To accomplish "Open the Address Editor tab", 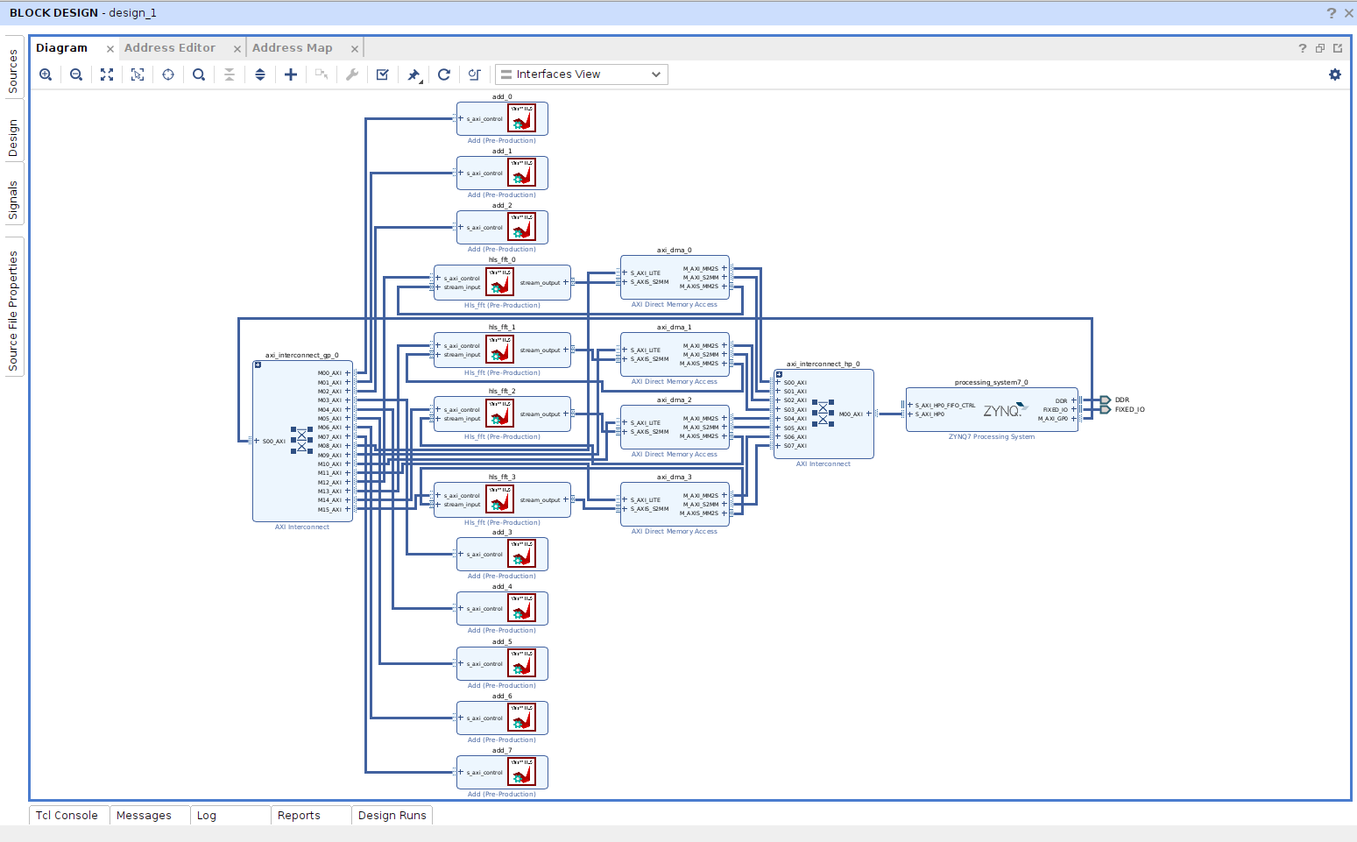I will (x=170, y=48).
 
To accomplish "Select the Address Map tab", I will (x=293, y=48).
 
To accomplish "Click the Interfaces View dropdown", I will (x=581, y=74).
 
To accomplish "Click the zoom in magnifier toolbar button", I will (x=46, y=74).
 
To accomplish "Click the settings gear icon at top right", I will (x=1334, y=74).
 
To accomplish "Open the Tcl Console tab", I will (x=67, y=815).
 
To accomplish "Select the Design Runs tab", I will (x=392, y=815).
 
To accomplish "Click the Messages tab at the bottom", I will (x=145, y=815).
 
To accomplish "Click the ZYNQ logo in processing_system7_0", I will (x=1003, y=410).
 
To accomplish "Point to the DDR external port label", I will (x=1122, y=400).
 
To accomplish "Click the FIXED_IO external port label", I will (x=1129, y=409).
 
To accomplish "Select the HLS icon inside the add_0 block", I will (x=522, y=118).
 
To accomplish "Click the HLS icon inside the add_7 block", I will (x=522, y=772).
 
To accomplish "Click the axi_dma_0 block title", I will (x=674, y=251).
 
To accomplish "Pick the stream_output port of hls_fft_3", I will (x=541, y=500).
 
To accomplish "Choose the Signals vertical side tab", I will (x=13, y=200).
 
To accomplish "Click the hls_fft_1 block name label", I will (x=502, y=327).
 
